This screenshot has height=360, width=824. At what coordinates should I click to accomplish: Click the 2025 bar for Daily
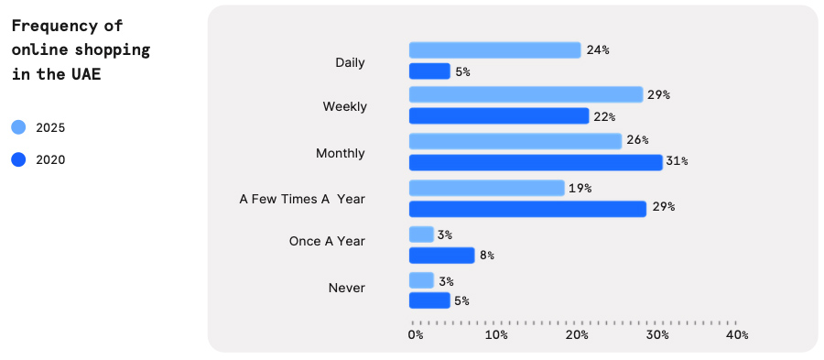tap(494, 50)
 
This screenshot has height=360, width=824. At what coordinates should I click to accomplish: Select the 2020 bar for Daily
tap(429, 71)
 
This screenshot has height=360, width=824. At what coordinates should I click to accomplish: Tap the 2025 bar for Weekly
tap(526, 94)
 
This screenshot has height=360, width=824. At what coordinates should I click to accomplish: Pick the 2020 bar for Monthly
tap(535, 162)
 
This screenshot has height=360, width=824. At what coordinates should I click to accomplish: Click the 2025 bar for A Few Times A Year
tap(486, 188)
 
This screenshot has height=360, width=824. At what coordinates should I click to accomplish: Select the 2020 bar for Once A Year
tap(441, 256)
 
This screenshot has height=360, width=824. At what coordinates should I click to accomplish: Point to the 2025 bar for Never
tap(421, 280)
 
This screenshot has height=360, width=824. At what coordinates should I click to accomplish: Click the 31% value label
tap(677, 162)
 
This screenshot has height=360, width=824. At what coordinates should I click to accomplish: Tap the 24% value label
tap(598, 50)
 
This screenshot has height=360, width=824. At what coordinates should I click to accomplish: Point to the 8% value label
tap(486, 256)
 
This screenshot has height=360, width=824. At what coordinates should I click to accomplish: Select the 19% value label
tap(580, 188)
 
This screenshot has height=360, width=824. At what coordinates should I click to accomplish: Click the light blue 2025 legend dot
tap(19, 128)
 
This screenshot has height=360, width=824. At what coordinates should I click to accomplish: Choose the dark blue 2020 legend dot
tap(19, 159)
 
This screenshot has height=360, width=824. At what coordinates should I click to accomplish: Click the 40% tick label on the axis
tap(737, 335)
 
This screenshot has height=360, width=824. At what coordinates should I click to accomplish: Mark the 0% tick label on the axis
tap(415, 335)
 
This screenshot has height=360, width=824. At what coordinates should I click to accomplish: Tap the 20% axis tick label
tap(577, 335)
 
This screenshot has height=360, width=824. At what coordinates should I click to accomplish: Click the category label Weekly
tap(344, 106)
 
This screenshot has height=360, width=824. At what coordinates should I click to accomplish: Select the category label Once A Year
tap(327, 241)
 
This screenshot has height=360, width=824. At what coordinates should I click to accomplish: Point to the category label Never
tap(346, 288)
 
